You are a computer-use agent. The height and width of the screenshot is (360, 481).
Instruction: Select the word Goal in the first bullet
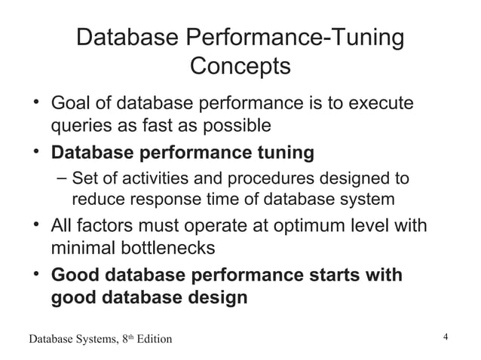[69, 102]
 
